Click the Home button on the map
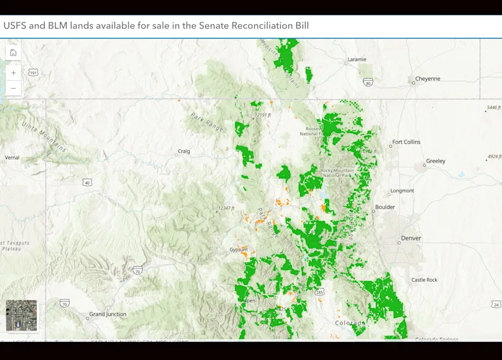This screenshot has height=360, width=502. point(13,53)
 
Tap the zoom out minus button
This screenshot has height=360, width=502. point(13,88)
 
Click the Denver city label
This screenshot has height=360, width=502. point(411,238)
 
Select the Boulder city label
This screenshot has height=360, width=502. point(385,207)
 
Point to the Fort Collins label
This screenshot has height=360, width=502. point(406,142)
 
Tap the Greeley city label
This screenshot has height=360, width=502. point(435,161)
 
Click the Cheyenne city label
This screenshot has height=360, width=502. point(427,79)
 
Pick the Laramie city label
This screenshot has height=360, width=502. point(357,60)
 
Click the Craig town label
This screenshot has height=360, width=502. point(184,151)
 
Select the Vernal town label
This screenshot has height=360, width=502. point(12,158)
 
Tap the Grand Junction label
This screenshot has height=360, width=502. point(107,315)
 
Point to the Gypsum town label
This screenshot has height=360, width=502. point(238,250)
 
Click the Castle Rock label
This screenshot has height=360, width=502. point(424,280)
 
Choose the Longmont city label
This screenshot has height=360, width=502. point(401,191)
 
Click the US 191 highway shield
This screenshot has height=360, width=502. point(33,73)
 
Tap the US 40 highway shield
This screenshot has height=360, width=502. point(87,182)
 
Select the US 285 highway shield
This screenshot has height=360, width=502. point(319,291)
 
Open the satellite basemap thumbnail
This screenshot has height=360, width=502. point(21,316)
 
